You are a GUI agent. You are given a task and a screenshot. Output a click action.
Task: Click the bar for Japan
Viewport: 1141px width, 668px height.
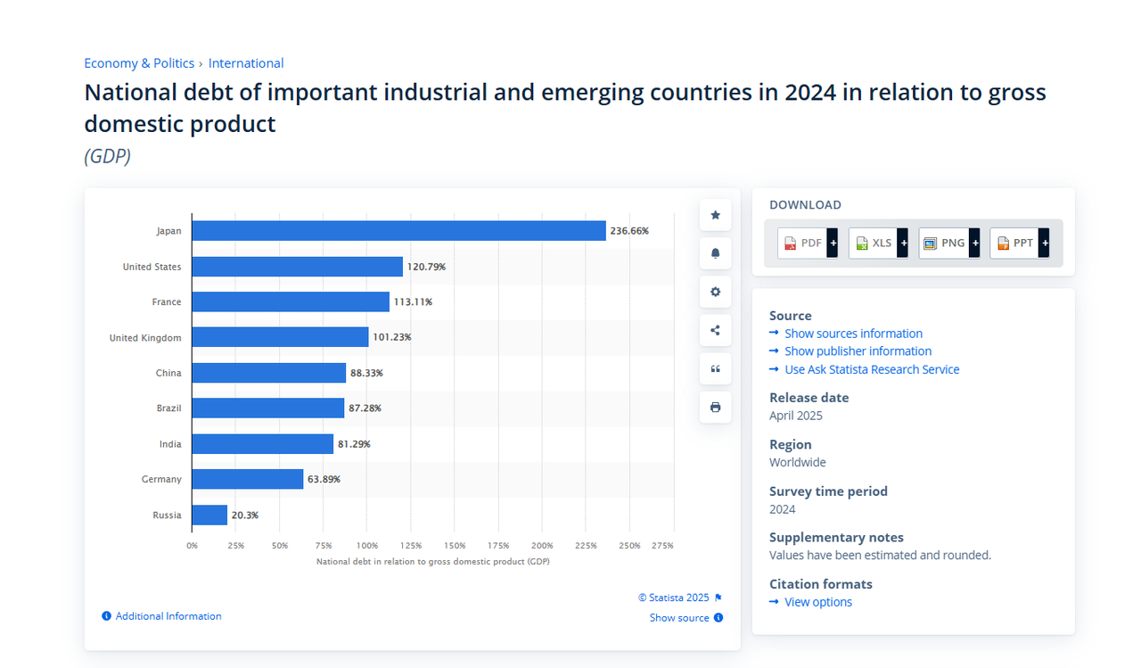[398, 231]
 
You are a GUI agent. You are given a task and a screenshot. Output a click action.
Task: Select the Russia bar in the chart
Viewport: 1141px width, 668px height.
[209, 515]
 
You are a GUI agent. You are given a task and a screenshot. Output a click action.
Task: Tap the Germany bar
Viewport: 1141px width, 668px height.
[248, 479]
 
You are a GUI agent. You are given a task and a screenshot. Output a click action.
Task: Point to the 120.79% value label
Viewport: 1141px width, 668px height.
[426, 267]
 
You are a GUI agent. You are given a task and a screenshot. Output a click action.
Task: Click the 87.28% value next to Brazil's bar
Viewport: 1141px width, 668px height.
[365, 408]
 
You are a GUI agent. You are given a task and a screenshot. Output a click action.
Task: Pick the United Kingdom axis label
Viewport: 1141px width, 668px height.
[145, 338]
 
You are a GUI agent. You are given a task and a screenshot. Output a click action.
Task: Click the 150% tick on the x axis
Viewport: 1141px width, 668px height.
[455, 545]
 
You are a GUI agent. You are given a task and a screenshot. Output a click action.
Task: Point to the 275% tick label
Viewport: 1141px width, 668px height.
[662, 545]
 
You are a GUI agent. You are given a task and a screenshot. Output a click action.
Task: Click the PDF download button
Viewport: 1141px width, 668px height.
[808, 243]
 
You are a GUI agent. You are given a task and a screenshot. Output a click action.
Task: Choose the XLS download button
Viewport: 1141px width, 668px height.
[878, 243]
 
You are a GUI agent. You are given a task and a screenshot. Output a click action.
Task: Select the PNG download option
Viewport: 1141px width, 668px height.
[949, 243]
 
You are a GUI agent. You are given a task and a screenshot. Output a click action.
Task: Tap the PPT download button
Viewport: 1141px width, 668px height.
[1019, 243]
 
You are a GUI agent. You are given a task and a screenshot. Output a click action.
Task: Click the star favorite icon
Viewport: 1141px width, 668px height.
[715, 215]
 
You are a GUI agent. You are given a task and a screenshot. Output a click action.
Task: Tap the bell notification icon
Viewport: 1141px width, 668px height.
[715, 253]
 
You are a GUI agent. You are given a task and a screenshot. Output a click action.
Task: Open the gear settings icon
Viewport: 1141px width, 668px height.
[715, 292]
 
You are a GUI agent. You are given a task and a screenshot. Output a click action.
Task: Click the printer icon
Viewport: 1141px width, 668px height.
[715, 407]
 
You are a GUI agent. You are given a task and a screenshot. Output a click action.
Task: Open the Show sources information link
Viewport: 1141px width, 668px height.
[853, 334]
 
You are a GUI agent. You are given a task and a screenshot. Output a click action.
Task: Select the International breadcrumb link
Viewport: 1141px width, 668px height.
[245, 63]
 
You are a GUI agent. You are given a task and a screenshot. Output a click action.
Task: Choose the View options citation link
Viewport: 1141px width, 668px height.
[818, 602]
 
